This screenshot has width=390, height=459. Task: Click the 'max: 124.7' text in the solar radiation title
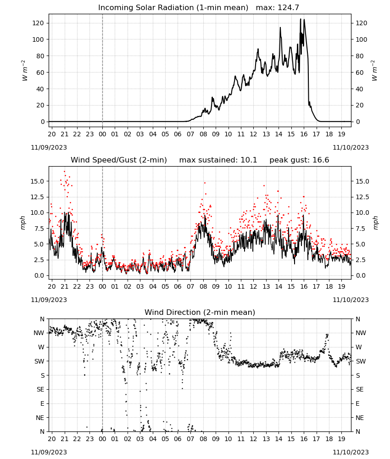point(278,7)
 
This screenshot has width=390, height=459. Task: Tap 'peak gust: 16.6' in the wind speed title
point(299,160)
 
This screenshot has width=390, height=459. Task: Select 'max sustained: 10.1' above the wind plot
point(218,160)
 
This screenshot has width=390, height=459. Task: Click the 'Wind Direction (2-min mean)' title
point(200,312)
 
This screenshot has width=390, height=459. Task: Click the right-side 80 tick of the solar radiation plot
point(359,56)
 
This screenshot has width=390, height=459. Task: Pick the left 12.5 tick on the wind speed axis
point(37,197)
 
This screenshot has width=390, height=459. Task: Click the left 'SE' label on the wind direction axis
point(40,389)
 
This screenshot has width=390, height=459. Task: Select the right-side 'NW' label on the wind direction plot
point(361,333)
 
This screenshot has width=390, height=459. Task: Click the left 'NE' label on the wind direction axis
point(40,418)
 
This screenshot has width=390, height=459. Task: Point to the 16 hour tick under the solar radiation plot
point(304,134)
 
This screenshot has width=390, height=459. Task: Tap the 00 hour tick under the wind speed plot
point(102,286)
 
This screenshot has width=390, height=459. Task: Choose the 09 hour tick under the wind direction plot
point(216,438)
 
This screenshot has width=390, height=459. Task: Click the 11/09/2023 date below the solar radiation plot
point(49,147)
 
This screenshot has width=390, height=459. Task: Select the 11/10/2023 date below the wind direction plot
point(351,452)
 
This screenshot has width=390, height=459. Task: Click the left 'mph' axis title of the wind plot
point(23,223)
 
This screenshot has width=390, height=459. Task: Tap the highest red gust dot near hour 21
point(65,172)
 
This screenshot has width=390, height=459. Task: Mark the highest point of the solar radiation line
point(300,19)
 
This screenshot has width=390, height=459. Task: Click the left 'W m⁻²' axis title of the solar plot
point(25,71)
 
